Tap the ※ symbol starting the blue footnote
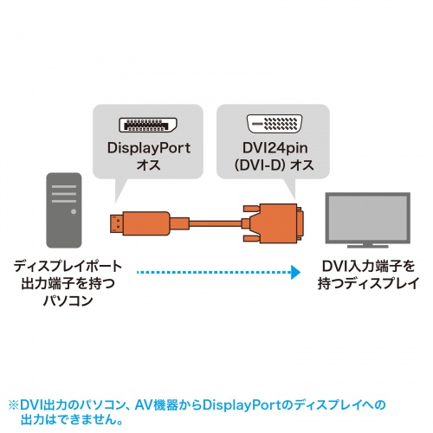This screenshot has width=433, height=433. pyautogui.click(x=13, y=404)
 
